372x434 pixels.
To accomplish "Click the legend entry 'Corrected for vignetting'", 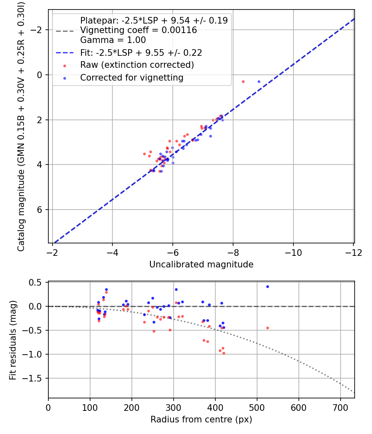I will [x=131, y=77].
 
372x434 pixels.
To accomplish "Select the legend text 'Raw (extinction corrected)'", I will [x=137, y=65].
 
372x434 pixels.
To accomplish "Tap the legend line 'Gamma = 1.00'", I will [x=113, y=40].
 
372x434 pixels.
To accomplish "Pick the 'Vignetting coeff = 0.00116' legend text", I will [x=138, y=30].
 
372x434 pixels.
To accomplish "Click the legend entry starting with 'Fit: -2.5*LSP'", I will [x=141, y=52].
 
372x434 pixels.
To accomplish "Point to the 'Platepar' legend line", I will [x=154, y=20].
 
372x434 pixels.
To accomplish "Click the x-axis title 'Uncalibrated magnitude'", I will [x=201, y=265].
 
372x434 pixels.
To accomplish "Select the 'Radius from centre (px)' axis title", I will [x=201, y=420].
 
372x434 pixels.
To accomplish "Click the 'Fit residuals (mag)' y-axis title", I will [x=13, y=340].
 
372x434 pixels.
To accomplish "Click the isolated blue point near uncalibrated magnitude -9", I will [x=259, y=81].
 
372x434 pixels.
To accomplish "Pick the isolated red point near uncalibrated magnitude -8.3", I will [x=243, y=81].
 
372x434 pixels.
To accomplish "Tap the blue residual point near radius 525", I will [x=267, y=286].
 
